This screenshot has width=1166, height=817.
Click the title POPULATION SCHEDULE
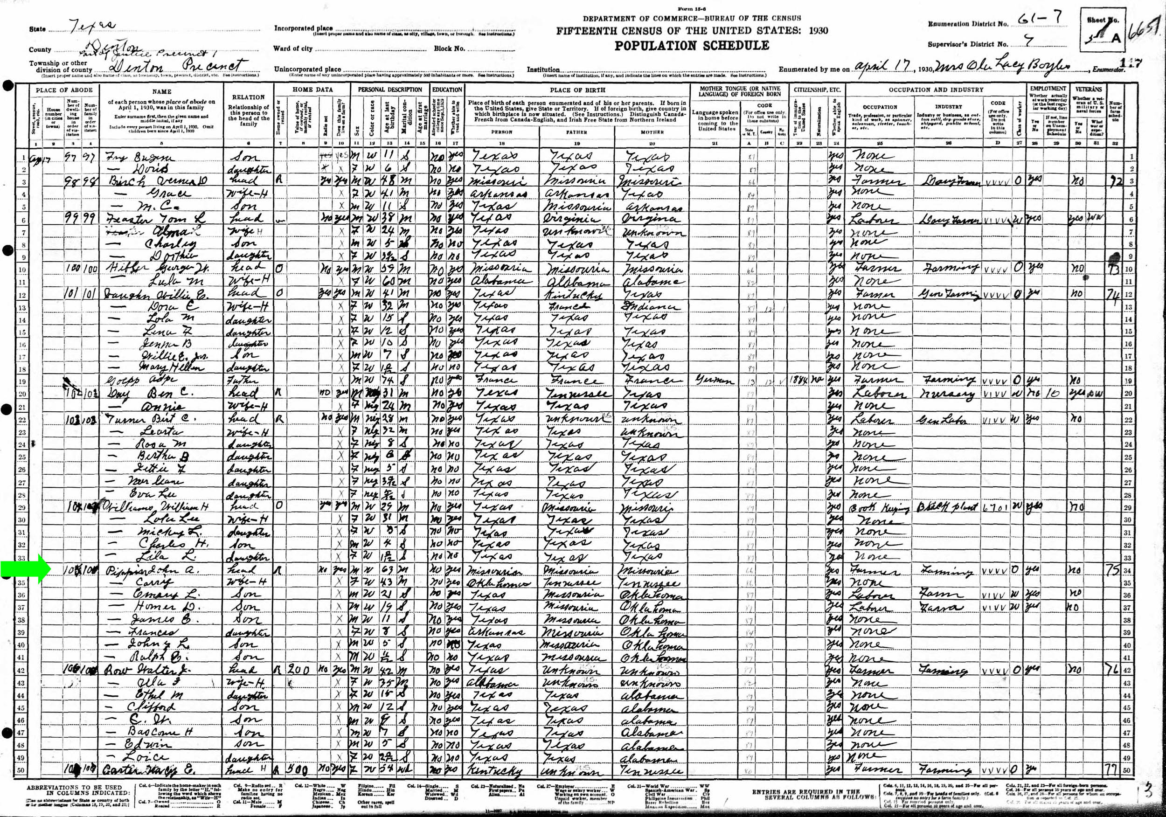(692, 46)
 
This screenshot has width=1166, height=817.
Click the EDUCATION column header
(447, 90)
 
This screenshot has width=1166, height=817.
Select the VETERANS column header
(1088, 89)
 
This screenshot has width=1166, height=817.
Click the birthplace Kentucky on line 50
(495, 771)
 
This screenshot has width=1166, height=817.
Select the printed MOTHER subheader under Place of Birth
(652, 132)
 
